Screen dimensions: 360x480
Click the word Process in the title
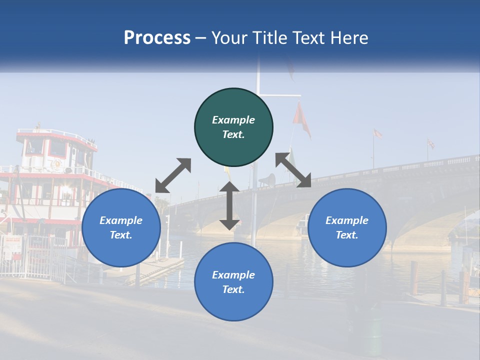[157, 38]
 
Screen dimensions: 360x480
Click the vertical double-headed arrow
[229, 205]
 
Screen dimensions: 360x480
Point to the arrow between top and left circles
[173, 175]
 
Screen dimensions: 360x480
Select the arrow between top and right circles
[293, 170]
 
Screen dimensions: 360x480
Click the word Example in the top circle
[233, 120]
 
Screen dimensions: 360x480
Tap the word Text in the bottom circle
[233, 289]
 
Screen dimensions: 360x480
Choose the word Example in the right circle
[347, 220]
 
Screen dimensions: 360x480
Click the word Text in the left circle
[121, 235]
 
